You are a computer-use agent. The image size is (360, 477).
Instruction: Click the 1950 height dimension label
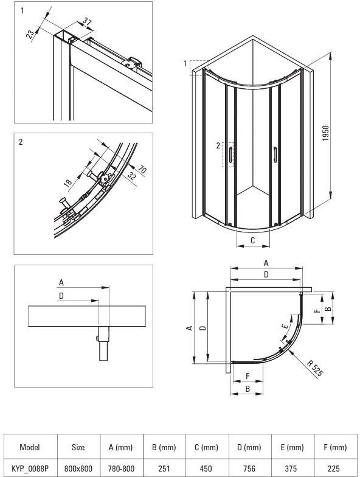pyautogui.click(x=325, y=133)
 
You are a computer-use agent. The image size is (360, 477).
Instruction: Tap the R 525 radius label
pyautogui.click(x=315, y=368)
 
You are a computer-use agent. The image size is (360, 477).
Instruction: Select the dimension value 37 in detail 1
pyautogui.click(x=88, y=22)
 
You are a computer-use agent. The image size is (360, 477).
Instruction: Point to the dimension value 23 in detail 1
pyautogui.click(x=30, y=34)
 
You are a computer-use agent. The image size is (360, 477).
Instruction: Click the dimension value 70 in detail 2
pyautogui.click(x=142, y=169)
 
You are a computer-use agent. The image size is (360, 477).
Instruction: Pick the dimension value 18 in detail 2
pyautogui.click(x=68, y=182)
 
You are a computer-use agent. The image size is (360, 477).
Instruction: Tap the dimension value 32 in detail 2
pyautogui.click(x=131, y=176)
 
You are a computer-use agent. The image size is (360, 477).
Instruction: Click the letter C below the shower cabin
pyautogui.click(x=253, y=241)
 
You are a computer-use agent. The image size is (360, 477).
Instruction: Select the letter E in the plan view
pyautogui.click(x=285, y=326)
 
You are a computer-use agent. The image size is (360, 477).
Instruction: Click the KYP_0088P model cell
pyautogui.click(x=30, y=468)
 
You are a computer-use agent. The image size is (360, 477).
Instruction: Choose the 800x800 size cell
pyautogui.click(x=78, y=468)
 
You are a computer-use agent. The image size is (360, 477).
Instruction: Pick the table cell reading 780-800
pyautogui.click(x=120, y=468)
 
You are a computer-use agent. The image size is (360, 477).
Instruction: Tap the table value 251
pyautogui.click(x=164, y=468)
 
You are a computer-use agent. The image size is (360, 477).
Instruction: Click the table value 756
pyautogui.click(x=249, y=468)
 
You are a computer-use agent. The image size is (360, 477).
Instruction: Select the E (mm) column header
pyautogui.click(x=292, y=447)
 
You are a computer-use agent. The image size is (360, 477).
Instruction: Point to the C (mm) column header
pyautogui.click(x=207, y=447)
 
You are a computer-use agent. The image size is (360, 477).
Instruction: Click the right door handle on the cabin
pyautogui.click(x=275, y=153)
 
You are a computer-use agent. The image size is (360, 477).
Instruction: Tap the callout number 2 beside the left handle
pyautogui.click(x=218, y=146)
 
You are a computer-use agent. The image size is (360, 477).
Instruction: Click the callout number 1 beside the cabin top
pyautogui.click(x=185, y=63)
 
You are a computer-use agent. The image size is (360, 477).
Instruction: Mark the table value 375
pyautogui.click(x=292, y=468)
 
